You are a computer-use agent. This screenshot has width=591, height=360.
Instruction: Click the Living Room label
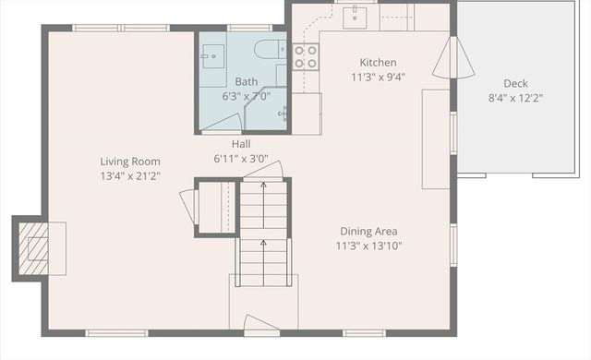[130, 161]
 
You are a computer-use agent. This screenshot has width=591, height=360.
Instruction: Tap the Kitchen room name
[378, 63]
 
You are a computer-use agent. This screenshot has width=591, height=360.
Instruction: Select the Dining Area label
[368, 232]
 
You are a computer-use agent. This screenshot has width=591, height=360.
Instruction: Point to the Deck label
[515, 83]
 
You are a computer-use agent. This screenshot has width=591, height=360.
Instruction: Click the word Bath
[246, 81]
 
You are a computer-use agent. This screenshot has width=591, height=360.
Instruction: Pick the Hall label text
[240, 144]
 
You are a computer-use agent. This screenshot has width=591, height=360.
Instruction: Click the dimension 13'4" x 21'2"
[130, 175]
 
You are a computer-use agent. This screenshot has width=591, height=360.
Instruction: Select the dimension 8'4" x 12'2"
[515, 98]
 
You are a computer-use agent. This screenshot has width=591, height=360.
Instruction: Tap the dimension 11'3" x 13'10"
[368, 246]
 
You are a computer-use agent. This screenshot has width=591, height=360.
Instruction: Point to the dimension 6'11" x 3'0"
[240, 158]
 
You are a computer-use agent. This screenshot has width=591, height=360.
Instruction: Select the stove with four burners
[306, 56]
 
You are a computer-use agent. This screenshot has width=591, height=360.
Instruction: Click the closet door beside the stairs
[187, 203]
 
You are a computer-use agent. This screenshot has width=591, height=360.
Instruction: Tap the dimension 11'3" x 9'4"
[378, 77]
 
